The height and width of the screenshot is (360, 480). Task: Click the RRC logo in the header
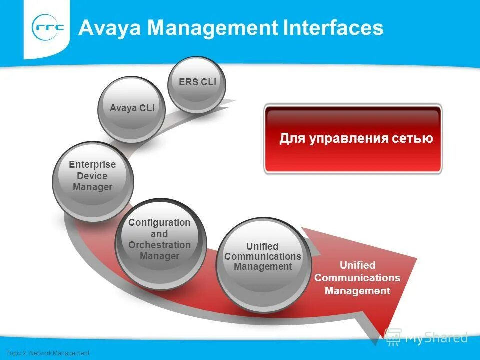pos(48,28)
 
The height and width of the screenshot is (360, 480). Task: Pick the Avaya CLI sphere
pos(131,109)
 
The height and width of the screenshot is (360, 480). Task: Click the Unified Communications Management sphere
pos(262,264)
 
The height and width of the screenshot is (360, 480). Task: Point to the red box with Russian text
pos(353,138)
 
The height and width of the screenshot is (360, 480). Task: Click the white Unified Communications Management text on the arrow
pos(357,278)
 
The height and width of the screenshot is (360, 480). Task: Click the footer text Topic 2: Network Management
pos(45,353)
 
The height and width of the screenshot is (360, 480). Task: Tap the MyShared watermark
pos(427,338)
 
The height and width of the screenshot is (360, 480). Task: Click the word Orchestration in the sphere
pos(160,245)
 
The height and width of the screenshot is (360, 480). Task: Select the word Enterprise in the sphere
pos(92,164)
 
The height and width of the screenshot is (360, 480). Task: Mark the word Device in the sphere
pos(92,176)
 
